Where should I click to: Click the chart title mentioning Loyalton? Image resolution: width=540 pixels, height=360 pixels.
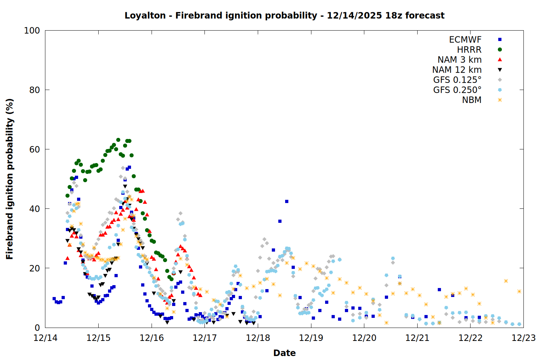(284, 15)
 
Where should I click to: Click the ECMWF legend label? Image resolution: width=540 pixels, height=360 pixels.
(465, 40)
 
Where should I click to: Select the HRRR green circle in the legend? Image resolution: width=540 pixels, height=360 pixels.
(500, 50)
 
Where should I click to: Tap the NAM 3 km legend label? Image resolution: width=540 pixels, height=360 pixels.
(459, 60)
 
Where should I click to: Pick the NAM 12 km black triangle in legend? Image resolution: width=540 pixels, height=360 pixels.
(500, 70)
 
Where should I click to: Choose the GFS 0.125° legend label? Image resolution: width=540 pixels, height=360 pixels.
(457, 80)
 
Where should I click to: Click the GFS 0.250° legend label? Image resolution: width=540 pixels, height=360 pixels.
(457, 90)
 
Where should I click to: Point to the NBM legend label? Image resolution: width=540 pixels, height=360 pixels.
(472, 100)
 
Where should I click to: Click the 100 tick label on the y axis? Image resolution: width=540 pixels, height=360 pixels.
(32, 31)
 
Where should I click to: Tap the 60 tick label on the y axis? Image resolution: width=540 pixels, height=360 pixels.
(35, 149)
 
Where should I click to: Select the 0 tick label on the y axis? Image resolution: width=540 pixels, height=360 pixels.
(37, 328)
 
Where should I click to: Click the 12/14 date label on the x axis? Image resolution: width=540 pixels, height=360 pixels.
(45, 338)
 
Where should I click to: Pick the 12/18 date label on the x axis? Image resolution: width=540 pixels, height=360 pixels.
(258, 338)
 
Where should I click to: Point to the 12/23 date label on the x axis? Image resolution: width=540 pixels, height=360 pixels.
(523, 338)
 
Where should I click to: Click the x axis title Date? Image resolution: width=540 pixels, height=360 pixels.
(284, 353)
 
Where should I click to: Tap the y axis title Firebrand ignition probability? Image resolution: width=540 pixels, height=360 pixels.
(10, 179)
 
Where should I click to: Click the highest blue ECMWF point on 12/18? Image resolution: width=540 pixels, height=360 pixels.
(287, 201)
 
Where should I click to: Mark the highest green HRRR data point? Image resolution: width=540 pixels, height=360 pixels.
(118, 140)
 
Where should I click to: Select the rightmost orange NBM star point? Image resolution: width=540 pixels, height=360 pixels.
(519, 291)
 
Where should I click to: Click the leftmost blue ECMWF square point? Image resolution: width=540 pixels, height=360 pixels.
(54, 298)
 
